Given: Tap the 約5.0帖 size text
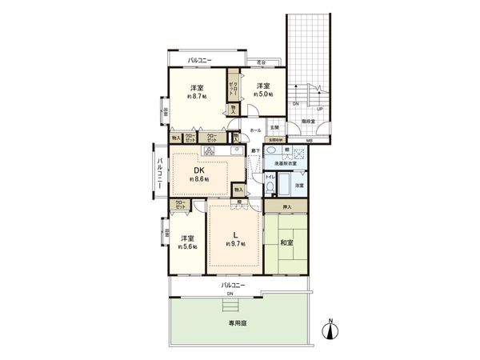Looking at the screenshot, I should (263, 94).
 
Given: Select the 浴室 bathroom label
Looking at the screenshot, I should (298, 186).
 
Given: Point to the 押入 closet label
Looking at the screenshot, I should (292, 208).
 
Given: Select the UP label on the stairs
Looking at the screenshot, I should (320, 109).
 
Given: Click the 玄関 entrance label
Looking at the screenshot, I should (274, 128).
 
